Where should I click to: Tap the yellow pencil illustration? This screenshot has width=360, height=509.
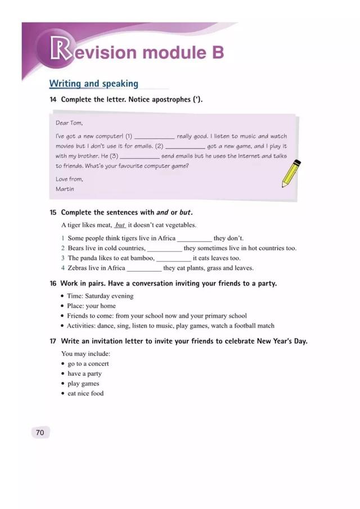click(x=291, y=173)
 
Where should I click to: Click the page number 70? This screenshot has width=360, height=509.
click(x=39, y=433)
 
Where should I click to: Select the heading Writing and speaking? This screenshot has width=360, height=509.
click(x=93, y=84)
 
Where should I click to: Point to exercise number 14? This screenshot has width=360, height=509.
click(x=53, y=100)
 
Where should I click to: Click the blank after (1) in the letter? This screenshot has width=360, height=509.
click(x=154, y=137)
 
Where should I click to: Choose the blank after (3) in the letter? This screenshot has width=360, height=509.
click(x=139, y=156)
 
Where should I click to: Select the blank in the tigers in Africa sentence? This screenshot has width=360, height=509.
click(x=194, y=238)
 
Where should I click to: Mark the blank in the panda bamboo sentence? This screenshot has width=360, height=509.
click(x=173, y=258)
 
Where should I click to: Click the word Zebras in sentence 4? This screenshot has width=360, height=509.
click(x=78, y=268)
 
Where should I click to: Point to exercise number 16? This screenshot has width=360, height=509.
click(x=53, y=283)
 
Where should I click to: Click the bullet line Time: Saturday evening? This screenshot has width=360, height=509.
click(x=100, y=296)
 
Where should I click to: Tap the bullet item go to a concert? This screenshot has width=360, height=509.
click(x=88, y=364)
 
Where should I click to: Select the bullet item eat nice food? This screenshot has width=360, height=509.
click(x=85, y=394)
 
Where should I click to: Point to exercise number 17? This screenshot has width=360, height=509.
click(x=53, y=341)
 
